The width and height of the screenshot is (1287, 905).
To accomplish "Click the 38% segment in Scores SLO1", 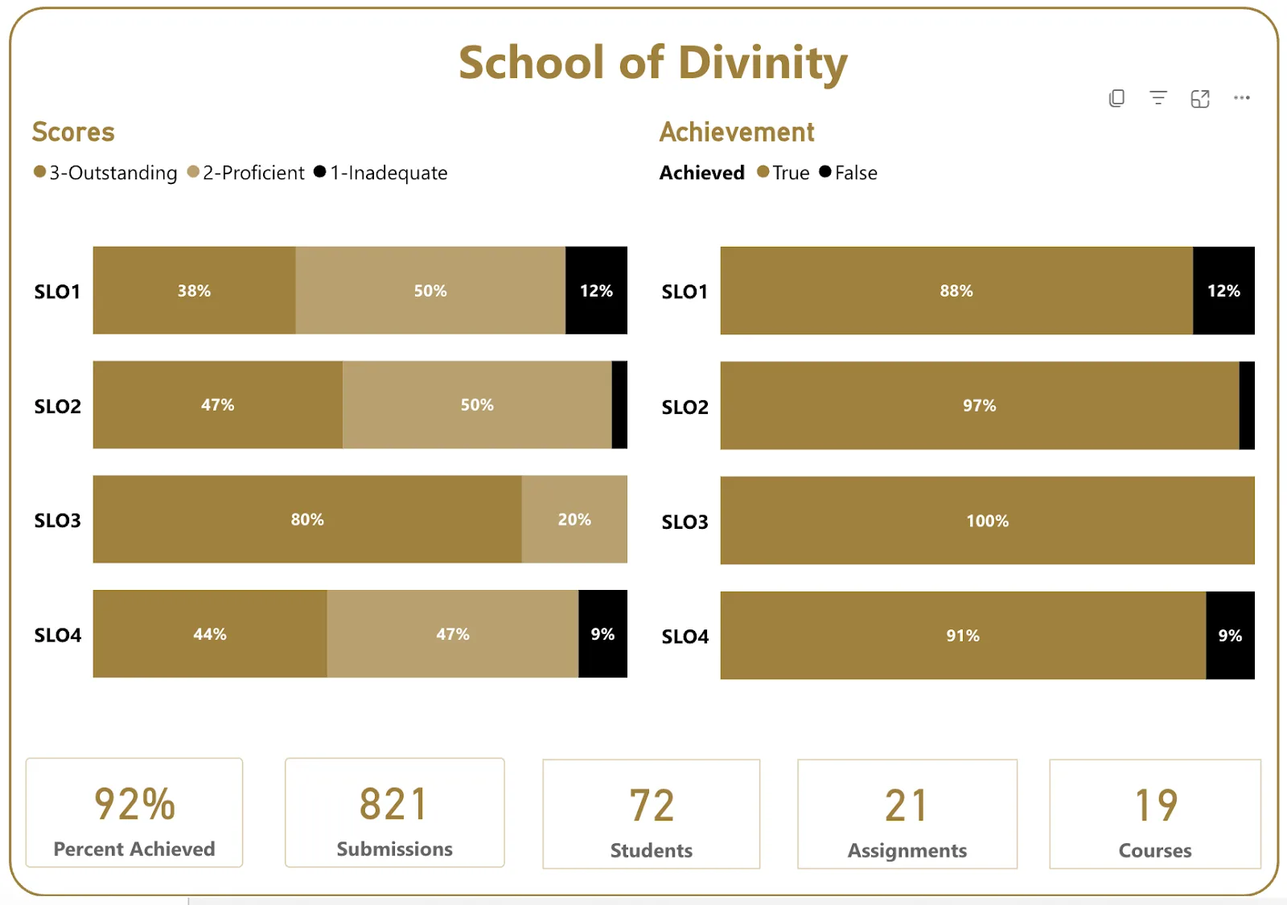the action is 194,291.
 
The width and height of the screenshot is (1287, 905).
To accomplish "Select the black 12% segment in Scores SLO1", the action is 596,291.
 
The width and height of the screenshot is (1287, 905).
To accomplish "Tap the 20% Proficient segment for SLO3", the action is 574,519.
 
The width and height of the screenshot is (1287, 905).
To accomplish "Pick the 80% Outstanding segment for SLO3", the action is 307,519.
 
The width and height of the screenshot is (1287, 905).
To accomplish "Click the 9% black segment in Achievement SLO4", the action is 1230,635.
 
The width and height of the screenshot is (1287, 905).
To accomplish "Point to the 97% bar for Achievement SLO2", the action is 980,405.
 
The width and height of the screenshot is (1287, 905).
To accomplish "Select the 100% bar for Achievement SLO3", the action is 988,520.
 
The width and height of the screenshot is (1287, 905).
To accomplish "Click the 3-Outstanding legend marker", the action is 39,172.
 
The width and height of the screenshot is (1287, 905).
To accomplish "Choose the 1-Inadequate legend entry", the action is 381,172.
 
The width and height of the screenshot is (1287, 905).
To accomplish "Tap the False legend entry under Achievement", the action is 849,172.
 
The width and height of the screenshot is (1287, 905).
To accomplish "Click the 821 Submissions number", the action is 394,804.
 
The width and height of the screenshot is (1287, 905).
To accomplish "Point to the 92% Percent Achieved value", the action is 134,804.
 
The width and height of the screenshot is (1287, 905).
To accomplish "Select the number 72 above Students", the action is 652,805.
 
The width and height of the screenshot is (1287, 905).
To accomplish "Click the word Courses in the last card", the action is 1155,850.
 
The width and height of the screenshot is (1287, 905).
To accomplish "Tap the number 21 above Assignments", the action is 907,805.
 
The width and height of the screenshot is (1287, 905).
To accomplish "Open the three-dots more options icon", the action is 1242,97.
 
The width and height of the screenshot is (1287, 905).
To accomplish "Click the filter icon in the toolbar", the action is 1158,97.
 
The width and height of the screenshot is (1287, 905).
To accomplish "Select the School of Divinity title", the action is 653,63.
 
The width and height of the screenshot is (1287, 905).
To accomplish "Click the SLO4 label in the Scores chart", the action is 57,635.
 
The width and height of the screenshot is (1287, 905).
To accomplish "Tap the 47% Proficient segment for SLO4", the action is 453,634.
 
